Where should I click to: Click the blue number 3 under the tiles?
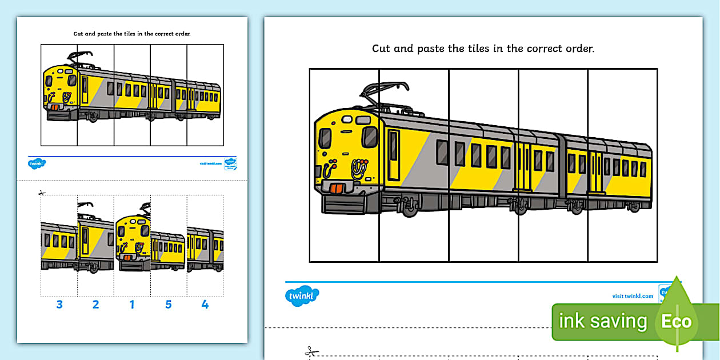pyautogui.click(x=59, y=305)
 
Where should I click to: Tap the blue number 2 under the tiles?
pyautogui.click(x=95, y=305)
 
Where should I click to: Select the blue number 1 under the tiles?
pyautogui.click(x=132, y=305)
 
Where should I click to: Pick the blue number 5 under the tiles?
pyautogui.click(x=169, y=305)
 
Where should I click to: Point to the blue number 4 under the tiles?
pyautogui.click(x=205, y=305)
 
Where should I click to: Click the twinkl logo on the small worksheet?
pyautogui.click(x=37, y=163)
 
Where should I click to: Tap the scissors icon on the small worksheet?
pyautogui.click(x=42, y=193)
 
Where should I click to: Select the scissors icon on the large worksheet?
pyautogui.click(x=311, y=351)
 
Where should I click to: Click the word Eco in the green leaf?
pyautogui.click(x=677, y=321)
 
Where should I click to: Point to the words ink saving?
pyautogui.click(x=603, y=322)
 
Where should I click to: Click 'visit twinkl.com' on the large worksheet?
pyautogui.click(x=633, y=296)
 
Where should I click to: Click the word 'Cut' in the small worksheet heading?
pyautogui.click(x=79, y=34)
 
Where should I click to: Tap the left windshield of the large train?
pyautogui.click(x=325, y=138)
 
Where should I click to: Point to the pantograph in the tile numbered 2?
pyautogui.click(x=86, y=206)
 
